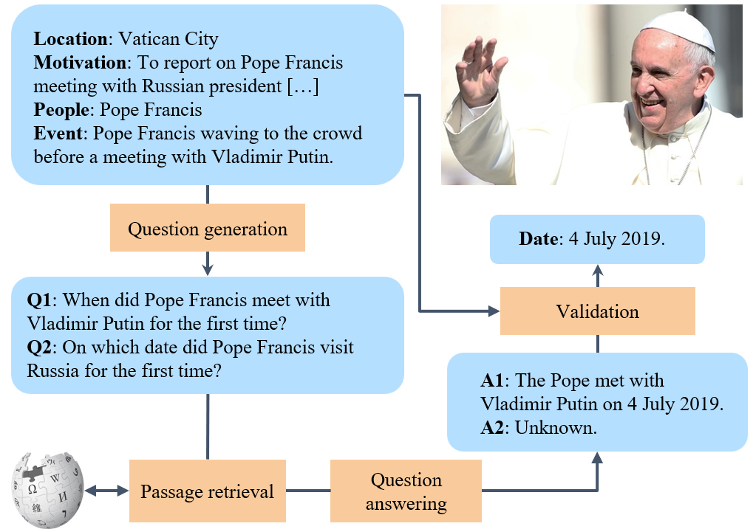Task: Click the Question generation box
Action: tap(208, 227)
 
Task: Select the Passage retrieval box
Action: tap(208, 491)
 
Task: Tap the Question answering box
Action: tap(406, 491)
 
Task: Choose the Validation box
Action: tap(597, 311)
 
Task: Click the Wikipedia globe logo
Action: tap(48, 490)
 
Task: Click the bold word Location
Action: tap(71, 39)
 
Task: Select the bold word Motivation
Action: tap(80, 63)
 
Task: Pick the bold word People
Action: tap(61, 110)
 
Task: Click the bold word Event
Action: tap(58, 134)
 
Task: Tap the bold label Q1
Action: tap(39, 300)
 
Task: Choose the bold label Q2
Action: tap(39, 348)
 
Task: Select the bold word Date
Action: tap(539, 239)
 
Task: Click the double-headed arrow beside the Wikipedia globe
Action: tap(106, 491)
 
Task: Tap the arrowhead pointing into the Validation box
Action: tap(494, 311)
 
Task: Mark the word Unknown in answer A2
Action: tap(556, 427)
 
